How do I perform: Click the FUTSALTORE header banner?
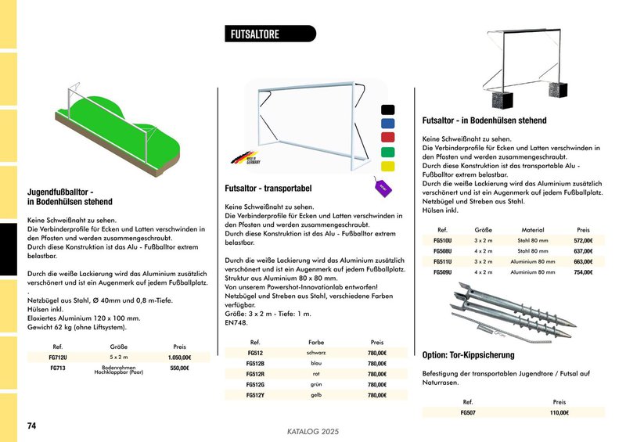269,34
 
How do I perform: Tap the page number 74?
32,426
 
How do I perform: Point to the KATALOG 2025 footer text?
311,431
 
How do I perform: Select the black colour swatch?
387,110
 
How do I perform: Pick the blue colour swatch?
387,124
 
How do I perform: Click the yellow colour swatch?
387,167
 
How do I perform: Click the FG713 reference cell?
57,368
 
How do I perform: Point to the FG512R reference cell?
255,374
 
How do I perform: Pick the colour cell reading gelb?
316,395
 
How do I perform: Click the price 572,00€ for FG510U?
583,241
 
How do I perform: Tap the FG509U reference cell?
442,271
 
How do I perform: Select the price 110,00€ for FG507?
559,411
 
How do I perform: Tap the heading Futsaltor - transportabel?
268,189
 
